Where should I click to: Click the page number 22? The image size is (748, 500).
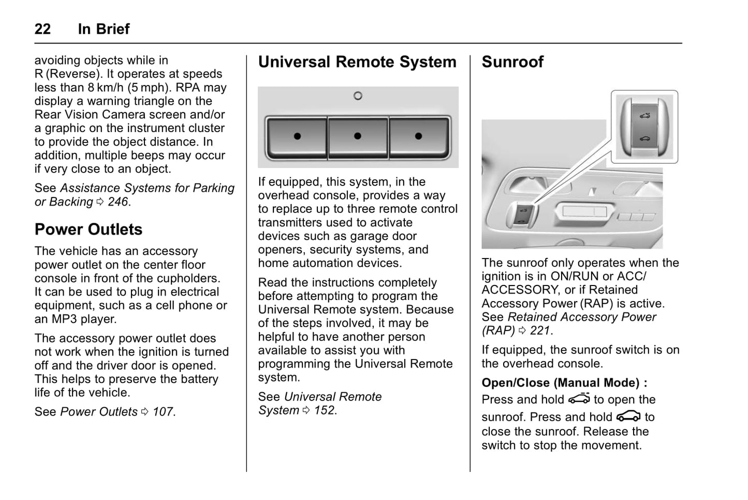pyautogui.click(x=42, y=29)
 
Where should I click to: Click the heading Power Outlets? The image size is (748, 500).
pyautogui.click(x=89, y=230)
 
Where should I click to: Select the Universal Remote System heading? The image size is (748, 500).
pyautogui.click(x=357, y=62)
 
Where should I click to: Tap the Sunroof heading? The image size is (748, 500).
pyautogui.click(x=512, y=62)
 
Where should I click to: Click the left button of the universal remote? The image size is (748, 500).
pyautogui.click(x=297, y=137)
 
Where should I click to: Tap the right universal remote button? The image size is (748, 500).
pyautogui.click(x=419, y=137)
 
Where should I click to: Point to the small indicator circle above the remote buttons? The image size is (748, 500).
pyautogui.click(x=358, y=96)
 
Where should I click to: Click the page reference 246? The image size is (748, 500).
pyautogui.click(x=118, y=202)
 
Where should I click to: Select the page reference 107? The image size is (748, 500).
pyautogui.click(x=163, y=412)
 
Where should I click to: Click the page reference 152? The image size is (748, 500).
pyautogui.click(x=325, y=410)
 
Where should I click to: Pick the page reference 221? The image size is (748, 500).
pyautogui.click(x=540, y=331)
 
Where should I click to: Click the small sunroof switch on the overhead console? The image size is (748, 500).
pyautogui.click(x=522, y=216)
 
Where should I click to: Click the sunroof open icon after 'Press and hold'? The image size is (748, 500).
pyautogui.click(x=579, y=399)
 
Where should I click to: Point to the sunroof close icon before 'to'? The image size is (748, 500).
pyautogui.click(x=628, y=417)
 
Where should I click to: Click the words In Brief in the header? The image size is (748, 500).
pyautogui.click(x=104, y=29)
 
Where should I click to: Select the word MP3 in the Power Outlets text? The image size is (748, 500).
pyautogui.click(x=64, y=319)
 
